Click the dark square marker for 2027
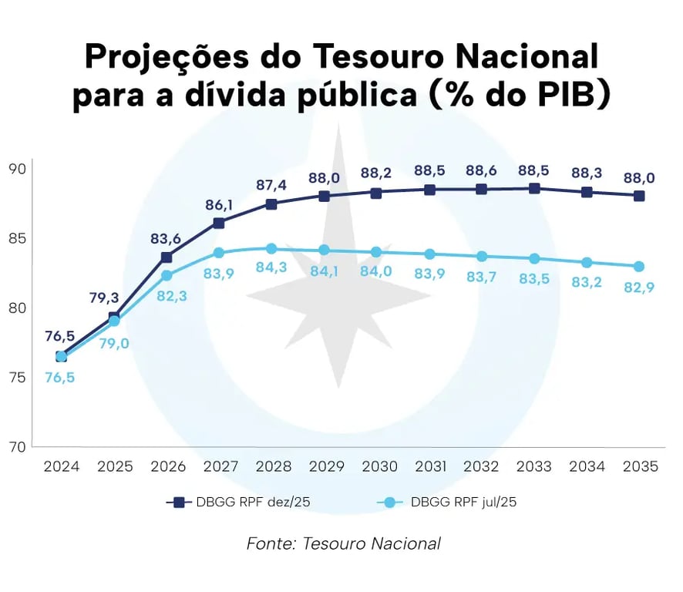(219, 223)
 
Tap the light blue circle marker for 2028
(271, 249)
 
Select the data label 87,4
(271, 186)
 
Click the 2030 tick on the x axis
(377, 467)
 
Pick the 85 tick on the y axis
(17, 238)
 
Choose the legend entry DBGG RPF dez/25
(239, 503)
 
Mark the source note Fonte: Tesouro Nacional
(343, 543)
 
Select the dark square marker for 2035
(639, 196)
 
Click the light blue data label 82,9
(639, 288)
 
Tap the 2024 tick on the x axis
(61, 467)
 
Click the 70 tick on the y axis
(17, 447)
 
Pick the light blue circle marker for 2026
(167, 275)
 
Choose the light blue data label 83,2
(587, 282)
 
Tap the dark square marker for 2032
(482, 190)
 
